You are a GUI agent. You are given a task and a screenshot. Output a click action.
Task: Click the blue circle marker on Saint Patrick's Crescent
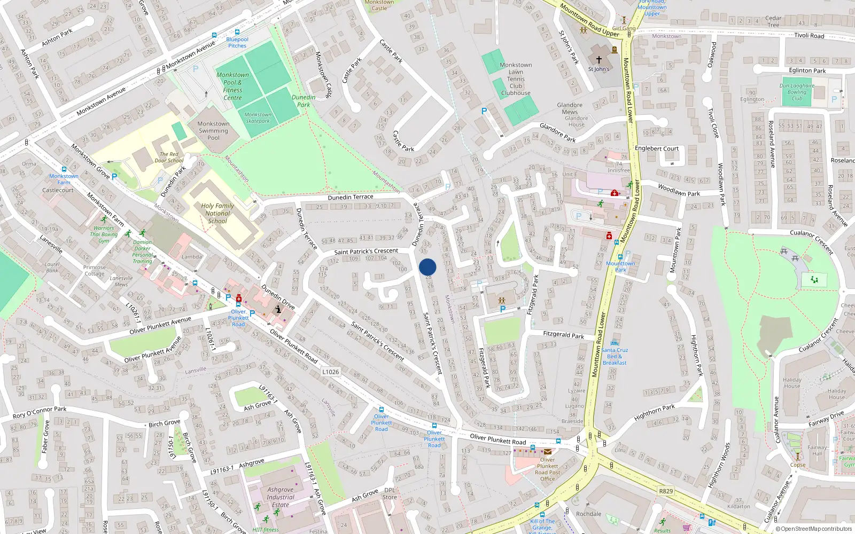coord(428,267)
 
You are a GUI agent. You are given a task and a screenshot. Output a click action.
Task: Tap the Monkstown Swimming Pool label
coord(213,130)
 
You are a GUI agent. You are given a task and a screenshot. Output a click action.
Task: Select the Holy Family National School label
coord(217,213)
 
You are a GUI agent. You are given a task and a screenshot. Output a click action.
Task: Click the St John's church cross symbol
coord(599,60)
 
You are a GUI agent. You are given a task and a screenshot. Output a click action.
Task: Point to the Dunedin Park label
coord(304,101)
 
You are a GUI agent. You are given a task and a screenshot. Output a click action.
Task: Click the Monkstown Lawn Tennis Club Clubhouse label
coord(516,79)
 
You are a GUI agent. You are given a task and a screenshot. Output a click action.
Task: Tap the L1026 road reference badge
coord(331,372)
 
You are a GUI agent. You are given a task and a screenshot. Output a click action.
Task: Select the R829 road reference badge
coord(666,491)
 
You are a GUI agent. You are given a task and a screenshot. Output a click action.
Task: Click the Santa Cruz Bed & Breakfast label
coord(615,356)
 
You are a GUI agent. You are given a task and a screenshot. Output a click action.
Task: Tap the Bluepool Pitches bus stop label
coord(237,42)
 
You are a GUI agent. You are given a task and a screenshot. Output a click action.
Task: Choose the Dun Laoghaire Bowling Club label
coord(797,92)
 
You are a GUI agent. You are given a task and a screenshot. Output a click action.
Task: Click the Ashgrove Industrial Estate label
coord(280,497)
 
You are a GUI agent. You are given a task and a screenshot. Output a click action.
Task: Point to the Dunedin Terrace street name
coord(350,197)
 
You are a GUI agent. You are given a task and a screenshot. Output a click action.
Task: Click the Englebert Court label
coord(657,148)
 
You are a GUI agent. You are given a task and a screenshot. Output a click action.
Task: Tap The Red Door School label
coord(169,157)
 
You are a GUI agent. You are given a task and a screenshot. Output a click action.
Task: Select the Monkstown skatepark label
coord(258,117)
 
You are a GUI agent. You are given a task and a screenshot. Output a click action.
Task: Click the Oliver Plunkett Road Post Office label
coord(548,469)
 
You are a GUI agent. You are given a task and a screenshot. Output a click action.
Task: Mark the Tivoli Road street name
coord(809,36)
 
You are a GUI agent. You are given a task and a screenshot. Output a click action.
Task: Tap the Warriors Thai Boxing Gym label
coord(104,234)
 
